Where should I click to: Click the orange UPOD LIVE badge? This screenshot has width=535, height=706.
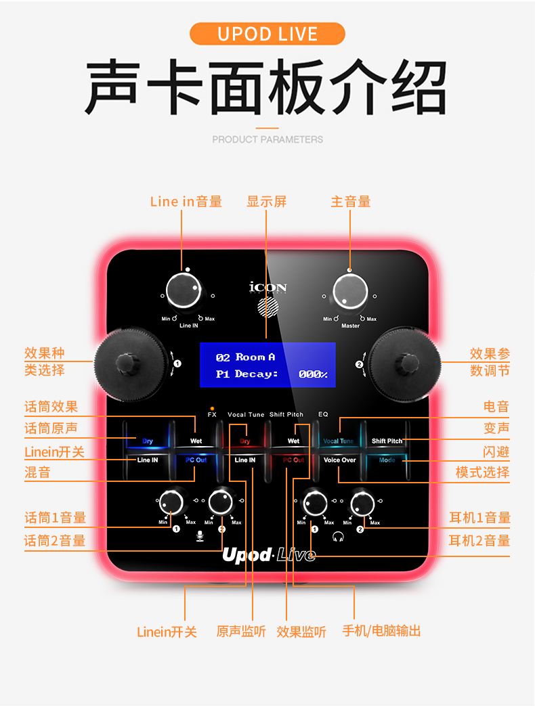pos(267,34)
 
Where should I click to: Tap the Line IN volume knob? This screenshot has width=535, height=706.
pos(188,292)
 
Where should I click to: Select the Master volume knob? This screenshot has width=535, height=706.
pos(351,292)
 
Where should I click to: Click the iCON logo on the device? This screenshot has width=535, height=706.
pos(268,288)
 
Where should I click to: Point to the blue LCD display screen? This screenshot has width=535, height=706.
pos(267,365)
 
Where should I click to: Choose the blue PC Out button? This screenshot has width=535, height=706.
pos(196,460)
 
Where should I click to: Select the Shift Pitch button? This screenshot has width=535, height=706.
pos(387,441)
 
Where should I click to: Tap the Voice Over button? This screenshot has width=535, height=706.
pos(339,460)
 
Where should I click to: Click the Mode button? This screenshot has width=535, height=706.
pos(387,460)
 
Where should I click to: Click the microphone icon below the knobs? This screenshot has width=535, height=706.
pos(199,535)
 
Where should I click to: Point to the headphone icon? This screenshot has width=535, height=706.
pos(337,536)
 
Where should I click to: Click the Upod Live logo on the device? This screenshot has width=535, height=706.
pos(269,555)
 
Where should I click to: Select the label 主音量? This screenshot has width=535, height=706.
pos(351,202)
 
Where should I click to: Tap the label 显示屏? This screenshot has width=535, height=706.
pos(267,202)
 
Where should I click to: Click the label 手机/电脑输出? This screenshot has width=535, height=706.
pos(381,631)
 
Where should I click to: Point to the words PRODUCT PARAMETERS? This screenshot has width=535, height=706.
pos(267,139)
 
